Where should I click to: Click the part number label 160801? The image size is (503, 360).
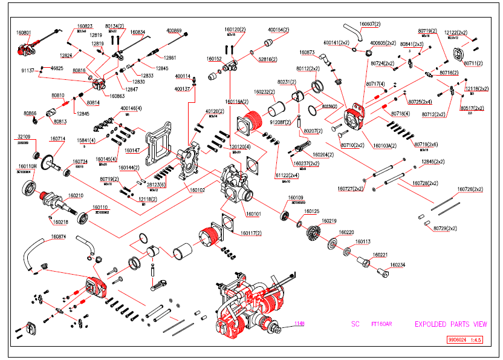pyautogui.click(x=24, y=32)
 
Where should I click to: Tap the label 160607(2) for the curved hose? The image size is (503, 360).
pyautogui.click(x=370, y=24)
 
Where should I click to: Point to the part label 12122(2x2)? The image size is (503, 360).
pyautogui.click(x=455, y=32)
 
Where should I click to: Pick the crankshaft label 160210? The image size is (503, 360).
pyautogui.click(x=76, y=195)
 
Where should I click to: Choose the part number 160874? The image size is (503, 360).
pyautogui.click(x=59, y=237)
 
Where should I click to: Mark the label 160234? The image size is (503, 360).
pyautogui.click(x=397, y=264)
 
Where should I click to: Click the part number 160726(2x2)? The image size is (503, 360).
pyautogui.click(x=470, y=189)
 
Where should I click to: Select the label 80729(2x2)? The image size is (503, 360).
pyautogui.click(x=445, y=228)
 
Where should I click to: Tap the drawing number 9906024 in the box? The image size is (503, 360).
pyautogui.click(x=458, y=341)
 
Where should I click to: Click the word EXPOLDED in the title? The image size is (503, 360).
pyautogui.click(x=430, y=324)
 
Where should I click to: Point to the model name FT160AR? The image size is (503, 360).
pyautogui.click(x=381, y=324)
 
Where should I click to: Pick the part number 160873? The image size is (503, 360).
pyautogui.click(x=307, y=53)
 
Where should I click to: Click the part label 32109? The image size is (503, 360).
pyautogui.click(x=24, y=137)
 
